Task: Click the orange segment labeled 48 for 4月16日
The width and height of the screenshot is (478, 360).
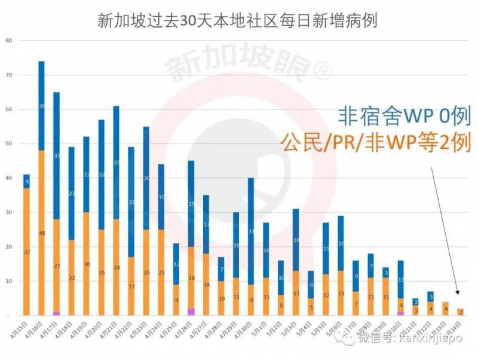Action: pyautogui.click(x=42, y=233)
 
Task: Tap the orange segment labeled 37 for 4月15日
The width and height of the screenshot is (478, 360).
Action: pyautogui.click(x=27, y=252)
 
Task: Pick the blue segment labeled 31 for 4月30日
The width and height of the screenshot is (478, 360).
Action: pyautogui.click(x=251, y=231)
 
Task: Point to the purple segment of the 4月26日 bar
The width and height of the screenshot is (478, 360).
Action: pyautogui.click(x=191, y=312)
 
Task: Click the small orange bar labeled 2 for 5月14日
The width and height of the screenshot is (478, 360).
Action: pyautogui.click(x=460, y=312)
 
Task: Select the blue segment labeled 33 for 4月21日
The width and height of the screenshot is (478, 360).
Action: pyautogui.click(x=117, y=162)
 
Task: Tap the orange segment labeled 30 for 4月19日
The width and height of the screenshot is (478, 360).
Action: pyautogui.click(x=87, y=264)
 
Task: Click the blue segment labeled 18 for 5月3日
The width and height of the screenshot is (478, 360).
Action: pyautogui.click(x=296, y=240)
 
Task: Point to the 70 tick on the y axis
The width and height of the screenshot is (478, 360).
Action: pyautogui.click(x=8, y=75)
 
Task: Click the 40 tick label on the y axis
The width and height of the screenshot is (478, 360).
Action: pyautogui.click(x=8, y=178)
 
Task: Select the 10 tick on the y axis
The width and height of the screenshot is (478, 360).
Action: pyautogui.click(x=8, y=281)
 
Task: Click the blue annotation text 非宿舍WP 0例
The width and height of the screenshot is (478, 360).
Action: pyautogui.click(x=403, y=115)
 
